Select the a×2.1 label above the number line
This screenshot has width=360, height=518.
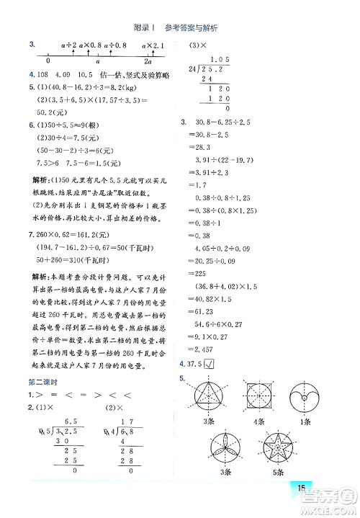(153, 45)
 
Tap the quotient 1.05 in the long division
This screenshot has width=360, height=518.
(220, 59)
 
